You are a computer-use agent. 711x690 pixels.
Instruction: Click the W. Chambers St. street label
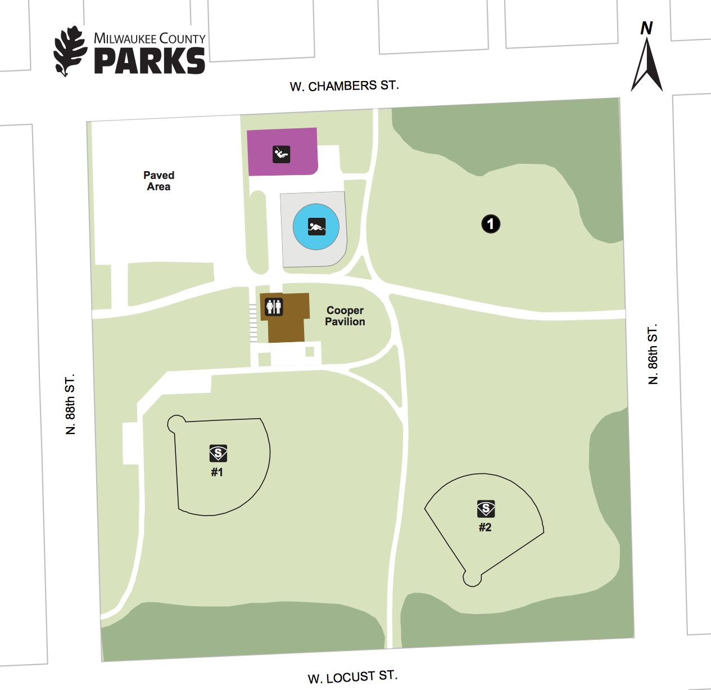click(x=344, y=86)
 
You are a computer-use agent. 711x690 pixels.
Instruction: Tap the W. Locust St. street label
click(x=352, y=676)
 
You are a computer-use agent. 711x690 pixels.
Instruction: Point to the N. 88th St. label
click(x=70, y=404)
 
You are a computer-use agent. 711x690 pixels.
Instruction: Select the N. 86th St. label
click(x=653, y=355)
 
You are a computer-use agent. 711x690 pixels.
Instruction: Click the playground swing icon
click(x=282, y=154)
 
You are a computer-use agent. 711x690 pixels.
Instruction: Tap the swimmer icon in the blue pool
click(x=316, y=227)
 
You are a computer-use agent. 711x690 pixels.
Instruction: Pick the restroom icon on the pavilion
click(x=274, y=307)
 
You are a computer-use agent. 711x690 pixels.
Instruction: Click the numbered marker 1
click(x=491, y=224)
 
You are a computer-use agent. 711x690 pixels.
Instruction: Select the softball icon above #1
click(x=218, y=453)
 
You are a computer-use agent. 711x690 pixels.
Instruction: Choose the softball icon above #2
click(x=486, y=509)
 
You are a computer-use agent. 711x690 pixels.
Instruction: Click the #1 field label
click(x=217, y=472)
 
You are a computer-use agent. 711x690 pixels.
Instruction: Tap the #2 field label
click(x=485, y=527)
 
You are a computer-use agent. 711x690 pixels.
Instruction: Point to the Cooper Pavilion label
click(x=345, y=316)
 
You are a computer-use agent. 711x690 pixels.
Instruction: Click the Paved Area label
click(x=158, y=181)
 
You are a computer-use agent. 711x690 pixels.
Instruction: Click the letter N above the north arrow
click(x=646, y=28)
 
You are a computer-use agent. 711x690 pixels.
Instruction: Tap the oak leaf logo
click(x=70, y=51)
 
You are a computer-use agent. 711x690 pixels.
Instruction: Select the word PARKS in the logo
click(x=150, y=61)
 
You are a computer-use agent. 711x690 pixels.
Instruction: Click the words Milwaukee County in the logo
click(x=150, y=39)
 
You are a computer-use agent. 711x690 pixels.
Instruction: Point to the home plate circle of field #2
click(x=472, y=578)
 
